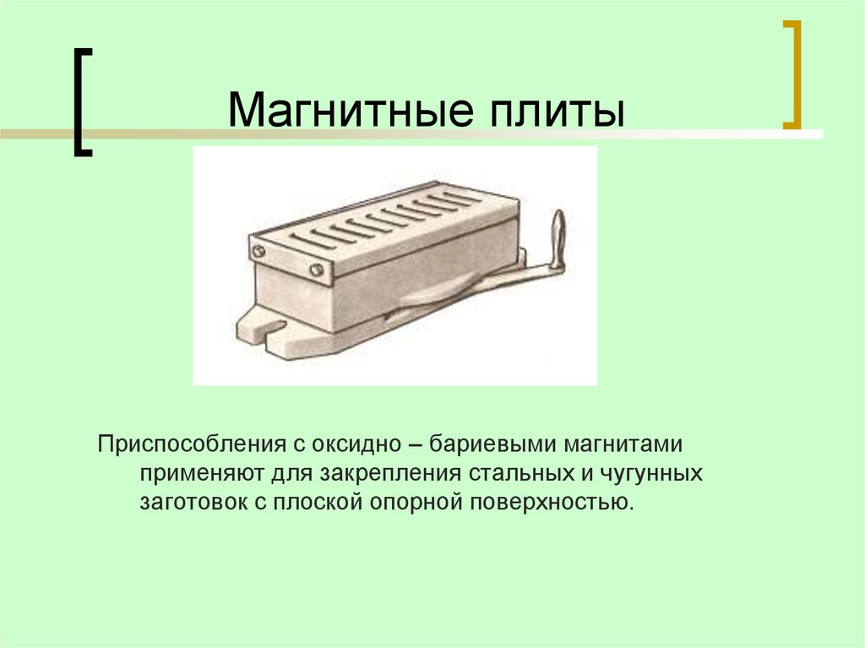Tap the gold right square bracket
[791, 74]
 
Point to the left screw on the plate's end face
[257, 250]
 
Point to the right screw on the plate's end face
[316, 270]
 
